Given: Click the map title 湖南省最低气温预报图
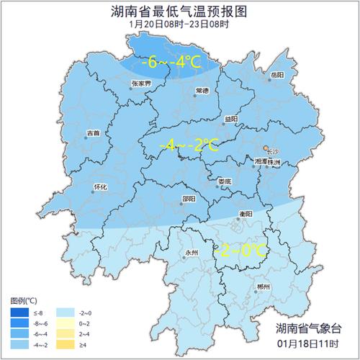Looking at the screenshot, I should click(x=180, y=12).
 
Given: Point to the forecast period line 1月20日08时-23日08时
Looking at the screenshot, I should click(x=180, y=24).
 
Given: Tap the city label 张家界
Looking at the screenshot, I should click(x=142, y=84).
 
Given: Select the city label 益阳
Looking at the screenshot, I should click(x=230, y=119).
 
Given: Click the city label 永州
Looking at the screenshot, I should click(x=191, y=253).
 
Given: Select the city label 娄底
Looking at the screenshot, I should click(x=225, y=181).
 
